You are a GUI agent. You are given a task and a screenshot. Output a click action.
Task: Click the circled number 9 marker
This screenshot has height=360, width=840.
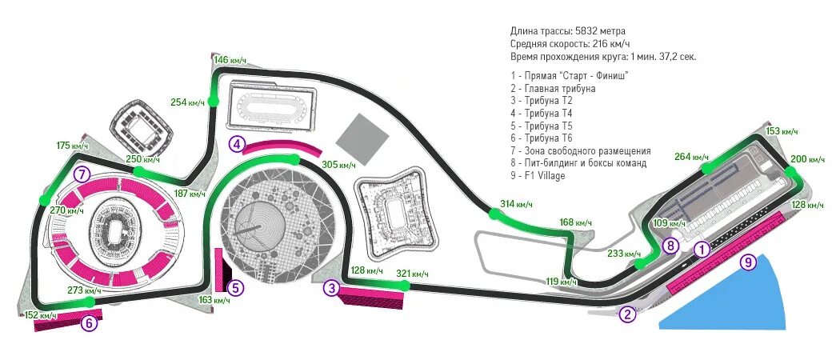click(x=747, y=261)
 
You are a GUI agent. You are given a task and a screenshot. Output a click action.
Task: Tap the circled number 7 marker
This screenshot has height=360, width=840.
click(x=79, y=174)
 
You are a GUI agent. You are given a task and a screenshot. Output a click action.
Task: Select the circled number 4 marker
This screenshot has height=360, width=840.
click(x=236, y=144)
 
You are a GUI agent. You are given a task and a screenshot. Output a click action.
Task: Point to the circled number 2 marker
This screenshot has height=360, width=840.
click(x=628, y=314)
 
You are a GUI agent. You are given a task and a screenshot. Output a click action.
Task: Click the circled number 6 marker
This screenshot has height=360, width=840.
click(x=90, y=323)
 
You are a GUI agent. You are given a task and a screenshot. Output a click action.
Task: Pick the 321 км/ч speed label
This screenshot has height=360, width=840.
click(x=413, y=274)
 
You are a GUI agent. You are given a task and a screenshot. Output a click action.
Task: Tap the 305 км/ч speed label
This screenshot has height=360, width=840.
click(x=338, y=165)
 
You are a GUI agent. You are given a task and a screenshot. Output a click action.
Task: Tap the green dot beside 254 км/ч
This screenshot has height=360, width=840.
click(x=213, y=101)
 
